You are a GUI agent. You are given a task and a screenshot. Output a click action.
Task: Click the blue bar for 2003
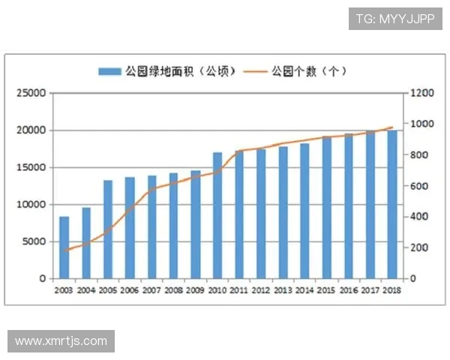click(x=64, y=247)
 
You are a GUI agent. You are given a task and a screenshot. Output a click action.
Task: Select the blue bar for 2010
click(x=217, y=215)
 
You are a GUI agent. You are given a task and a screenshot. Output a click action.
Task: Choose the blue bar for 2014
click(x=304, y=211)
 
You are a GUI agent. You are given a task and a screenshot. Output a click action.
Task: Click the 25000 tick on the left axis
click(x=32, y=93)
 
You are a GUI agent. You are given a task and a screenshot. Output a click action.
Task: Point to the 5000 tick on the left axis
click(x=35, y=241)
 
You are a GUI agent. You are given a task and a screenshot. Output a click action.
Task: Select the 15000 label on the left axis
click(x=32, y=167)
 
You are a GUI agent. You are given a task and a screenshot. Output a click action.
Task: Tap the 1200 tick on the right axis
click(x=421, y=93)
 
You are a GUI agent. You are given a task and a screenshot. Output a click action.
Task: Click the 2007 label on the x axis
click(x=151, y=291)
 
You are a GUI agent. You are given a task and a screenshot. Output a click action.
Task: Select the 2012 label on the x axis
click(x=261, y=291)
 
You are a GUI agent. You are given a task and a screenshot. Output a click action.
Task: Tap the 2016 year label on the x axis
click(x=348, y=291)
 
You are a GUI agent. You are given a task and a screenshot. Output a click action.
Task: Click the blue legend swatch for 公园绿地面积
click(x=109, y=71)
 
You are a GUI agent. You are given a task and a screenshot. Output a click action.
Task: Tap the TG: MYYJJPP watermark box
click(x=394, y=19)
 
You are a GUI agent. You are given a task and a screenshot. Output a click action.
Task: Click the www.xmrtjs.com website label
click(x=61, y=341)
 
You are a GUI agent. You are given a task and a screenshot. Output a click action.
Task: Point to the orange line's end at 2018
click(x=391, y=127)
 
